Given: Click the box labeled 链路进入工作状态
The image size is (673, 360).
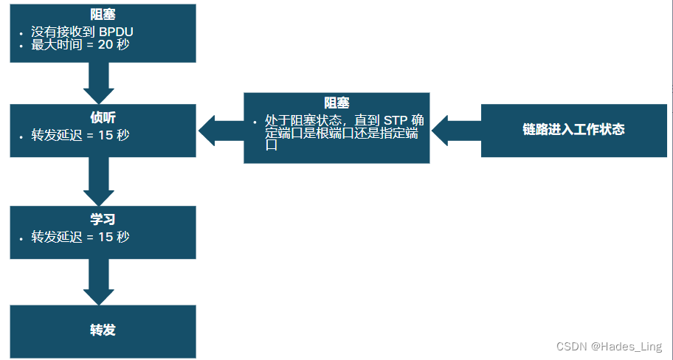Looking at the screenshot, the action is click(x=573, y=130).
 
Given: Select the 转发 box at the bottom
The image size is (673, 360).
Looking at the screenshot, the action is click(x=103, y=330).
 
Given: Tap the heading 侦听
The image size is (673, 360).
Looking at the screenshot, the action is click(x=103, y=117).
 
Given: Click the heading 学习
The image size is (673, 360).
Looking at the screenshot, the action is click(x=103, y=220).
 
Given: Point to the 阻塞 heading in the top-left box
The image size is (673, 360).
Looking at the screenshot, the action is click(x=103, y=15).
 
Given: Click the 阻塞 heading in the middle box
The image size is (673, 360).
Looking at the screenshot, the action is click(x=336, y=103).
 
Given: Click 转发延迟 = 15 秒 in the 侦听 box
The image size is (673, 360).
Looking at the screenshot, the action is click(x=80, y=135).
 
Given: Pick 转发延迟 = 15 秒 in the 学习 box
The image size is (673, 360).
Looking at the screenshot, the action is click(x=80, y=237).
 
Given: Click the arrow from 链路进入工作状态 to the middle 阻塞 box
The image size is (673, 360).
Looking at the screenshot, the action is click(x=455, y=130).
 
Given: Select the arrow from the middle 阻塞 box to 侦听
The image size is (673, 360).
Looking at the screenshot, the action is click(x=220, y=130).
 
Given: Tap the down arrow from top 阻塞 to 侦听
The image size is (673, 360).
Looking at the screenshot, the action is click(x=98, y=83).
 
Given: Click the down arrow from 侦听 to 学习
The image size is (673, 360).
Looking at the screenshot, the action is click(x=98, y=181).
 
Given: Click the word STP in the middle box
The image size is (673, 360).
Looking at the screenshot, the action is click(x=396, y=120).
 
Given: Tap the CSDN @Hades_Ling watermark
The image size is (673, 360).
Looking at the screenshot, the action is click(x=609, y=346).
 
